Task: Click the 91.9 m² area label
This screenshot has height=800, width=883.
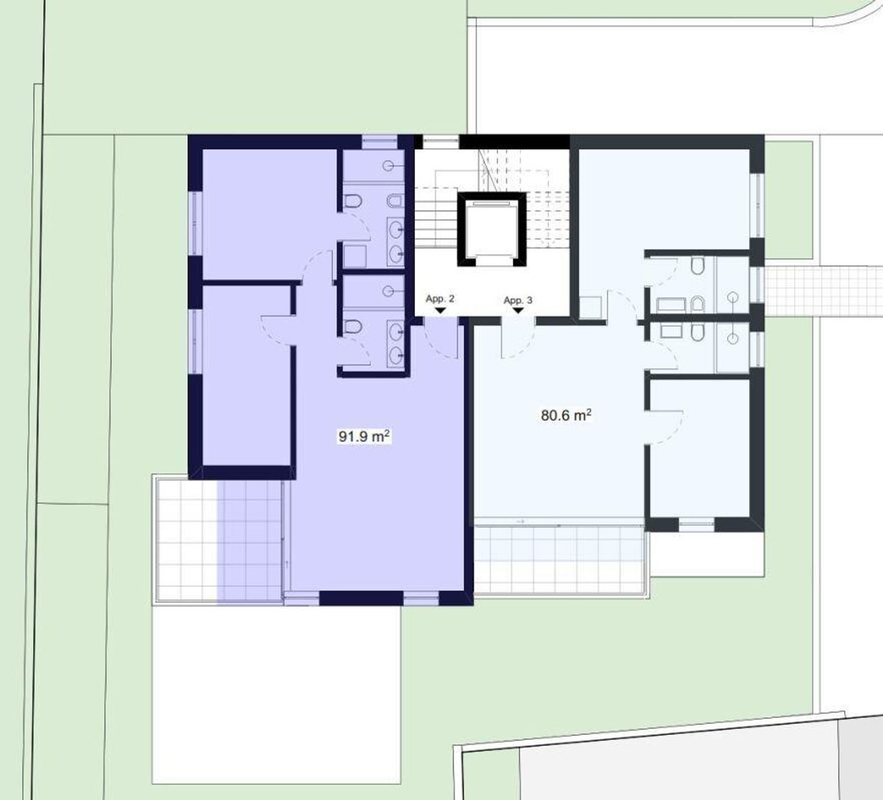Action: click(364, 437)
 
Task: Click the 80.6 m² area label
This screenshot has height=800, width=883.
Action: click(566, 415)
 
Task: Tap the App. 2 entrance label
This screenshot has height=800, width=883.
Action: click(440, 299)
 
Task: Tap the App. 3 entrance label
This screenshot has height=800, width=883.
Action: click(517, 300)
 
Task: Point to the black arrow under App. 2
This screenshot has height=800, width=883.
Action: click(440, 311)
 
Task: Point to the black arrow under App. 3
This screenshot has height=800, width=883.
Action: click(518, 311)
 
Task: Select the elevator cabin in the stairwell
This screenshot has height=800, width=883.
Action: click(492, 229)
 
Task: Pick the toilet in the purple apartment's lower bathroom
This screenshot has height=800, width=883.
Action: click(352, 326)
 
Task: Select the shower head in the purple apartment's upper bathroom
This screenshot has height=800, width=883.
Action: click(388, 166)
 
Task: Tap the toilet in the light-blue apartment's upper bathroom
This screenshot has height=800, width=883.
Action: click(698, 266)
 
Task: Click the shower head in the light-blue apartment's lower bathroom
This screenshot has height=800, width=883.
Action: click(733, 338)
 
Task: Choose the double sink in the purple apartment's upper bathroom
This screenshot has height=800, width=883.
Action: click(395, 242)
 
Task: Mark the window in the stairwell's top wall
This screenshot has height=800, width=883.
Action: click(441, 142)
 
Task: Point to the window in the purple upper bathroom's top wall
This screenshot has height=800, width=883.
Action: click(380, 142)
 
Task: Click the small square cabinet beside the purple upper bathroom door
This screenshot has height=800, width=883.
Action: click(355, 257)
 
